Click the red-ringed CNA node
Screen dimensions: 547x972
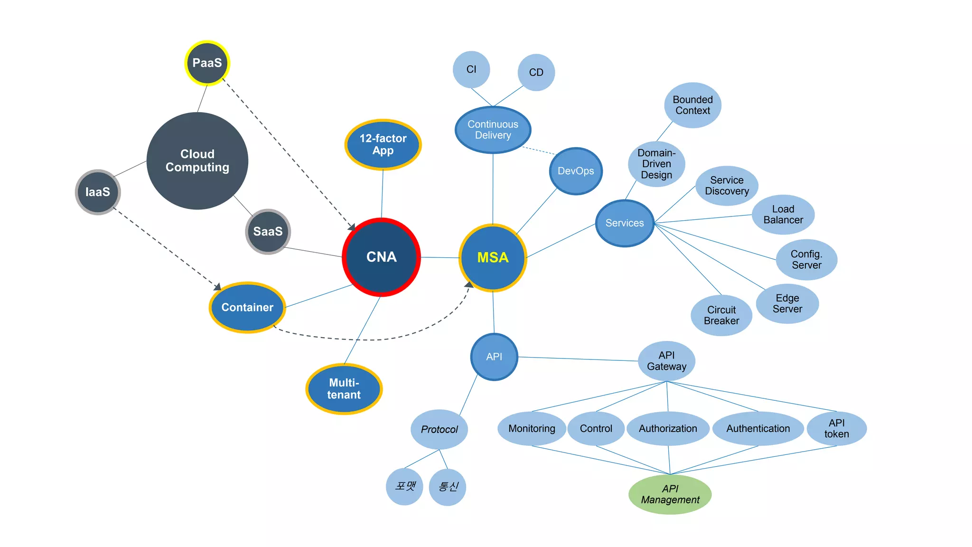click(381, 257)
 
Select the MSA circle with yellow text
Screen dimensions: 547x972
click(493, 257)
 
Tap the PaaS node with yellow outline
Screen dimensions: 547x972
click(207, 63)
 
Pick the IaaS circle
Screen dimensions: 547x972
click(98, 192)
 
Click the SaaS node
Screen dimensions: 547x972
click(268, 231)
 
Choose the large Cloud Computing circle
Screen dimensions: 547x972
click(197, 160)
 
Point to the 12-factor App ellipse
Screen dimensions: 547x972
click(383, 144)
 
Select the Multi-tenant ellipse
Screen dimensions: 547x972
click(344, 389)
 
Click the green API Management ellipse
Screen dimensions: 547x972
click(670, 494)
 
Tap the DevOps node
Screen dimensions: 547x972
click(576, 171)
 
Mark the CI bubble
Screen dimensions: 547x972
click(471, 69)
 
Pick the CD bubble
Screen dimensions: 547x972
click(536, 72)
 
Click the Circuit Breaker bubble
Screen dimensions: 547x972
click(721, 315)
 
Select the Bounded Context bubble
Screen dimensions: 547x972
click(692, 105)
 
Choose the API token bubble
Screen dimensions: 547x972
click(837, 428)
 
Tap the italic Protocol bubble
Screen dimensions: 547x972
click(439, 429)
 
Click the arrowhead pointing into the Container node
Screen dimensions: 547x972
click(218, 287)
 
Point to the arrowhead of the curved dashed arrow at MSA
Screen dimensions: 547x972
click(469, 285)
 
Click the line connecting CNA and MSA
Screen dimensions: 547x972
click(440, 257)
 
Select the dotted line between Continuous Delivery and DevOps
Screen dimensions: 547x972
click(539, 151)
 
